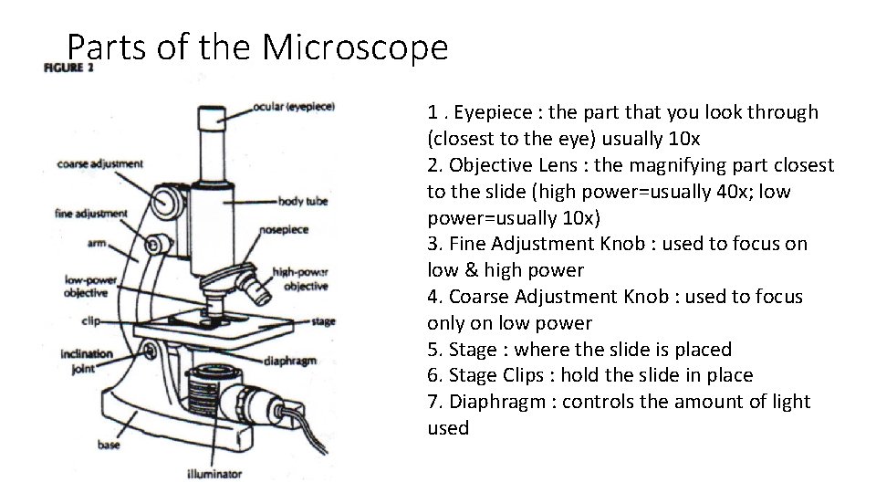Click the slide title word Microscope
point(355,47)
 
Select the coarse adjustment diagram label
point(99,164)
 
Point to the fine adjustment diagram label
point(91,214)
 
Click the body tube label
point(302,201)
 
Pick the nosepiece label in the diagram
point(289,232)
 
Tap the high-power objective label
point(300,278)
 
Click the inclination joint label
point(87,361)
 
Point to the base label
point(109,446)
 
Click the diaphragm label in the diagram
point(289,361)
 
